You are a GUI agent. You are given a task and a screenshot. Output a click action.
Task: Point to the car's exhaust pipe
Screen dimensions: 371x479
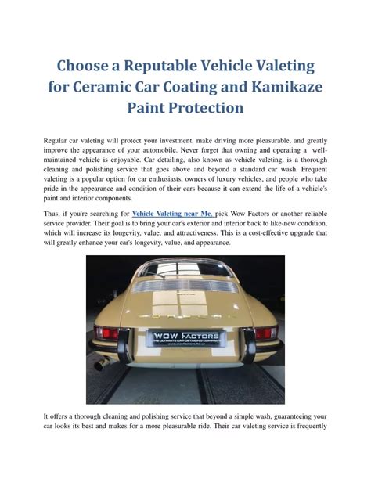coord(99,365)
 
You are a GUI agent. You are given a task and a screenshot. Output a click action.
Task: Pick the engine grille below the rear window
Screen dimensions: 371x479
coord(185,286)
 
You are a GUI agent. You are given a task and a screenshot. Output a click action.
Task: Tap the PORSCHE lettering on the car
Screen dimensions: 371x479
coord(185,310)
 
